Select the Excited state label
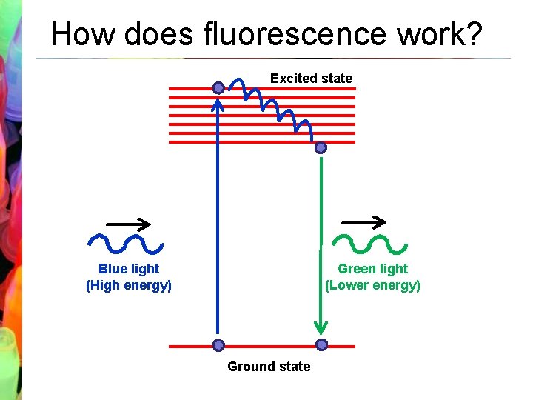[311, 78]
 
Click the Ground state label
[269, 366]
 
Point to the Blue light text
[129, 269]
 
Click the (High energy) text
[129, 285]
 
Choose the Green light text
[372, 269]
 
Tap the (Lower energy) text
[372, 285]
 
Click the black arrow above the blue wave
[129, 224]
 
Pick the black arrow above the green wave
[363, 221]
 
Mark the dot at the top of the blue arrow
[218, 88]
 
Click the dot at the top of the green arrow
[321, 148]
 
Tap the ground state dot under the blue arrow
[218, 345]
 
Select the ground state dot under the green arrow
[321, 344]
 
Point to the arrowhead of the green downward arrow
[321, 327]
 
